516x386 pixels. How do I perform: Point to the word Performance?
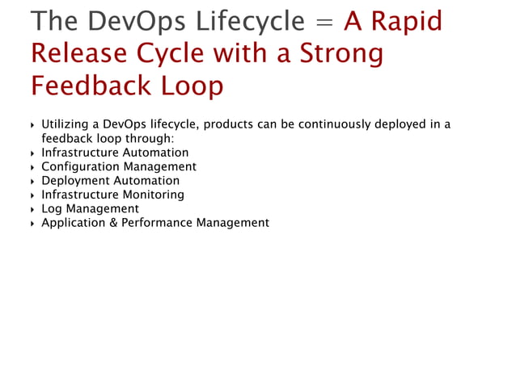(x=157, y=223)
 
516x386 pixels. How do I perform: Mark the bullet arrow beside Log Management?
(x=32, y=209)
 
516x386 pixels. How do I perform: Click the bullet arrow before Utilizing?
(x=32, y=125)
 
